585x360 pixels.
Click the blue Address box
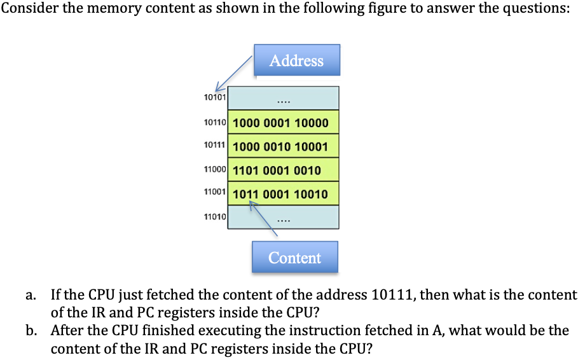point(296,60)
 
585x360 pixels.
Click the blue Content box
point(294,258)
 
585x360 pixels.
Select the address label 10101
point(215,97)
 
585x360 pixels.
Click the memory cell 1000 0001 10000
point(281,123)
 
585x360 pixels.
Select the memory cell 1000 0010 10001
point(281,147)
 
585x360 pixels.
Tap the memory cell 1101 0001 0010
point(277,170)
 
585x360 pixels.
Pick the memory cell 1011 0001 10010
point(281,194)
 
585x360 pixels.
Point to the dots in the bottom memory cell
point(284,221)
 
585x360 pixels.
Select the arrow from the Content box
point(262,219)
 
